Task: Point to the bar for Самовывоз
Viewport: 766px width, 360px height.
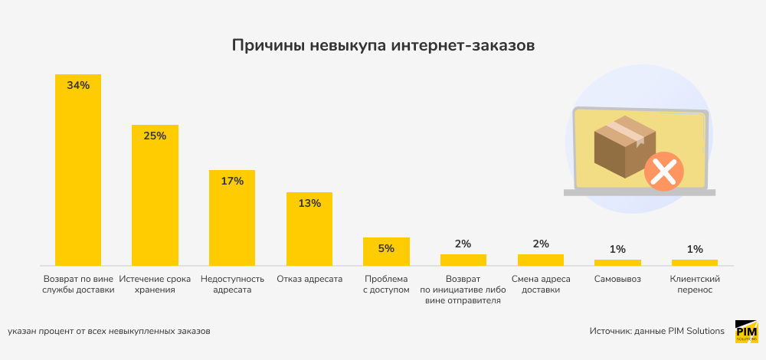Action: tap(617, 262)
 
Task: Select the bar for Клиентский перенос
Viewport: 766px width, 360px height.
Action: tap(695, 262)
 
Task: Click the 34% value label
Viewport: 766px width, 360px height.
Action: tap(78, 86)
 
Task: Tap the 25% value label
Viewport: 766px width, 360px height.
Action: tap(155, 136)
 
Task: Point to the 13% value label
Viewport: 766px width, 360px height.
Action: tap(309, 204)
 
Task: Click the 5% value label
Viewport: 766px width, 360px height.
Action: tap(386, 248)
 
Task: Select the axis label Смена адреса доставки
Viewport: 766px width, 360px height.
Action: tap(541, 284)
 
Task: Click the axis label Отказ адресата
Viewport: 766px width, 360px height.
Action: tap(309, 279)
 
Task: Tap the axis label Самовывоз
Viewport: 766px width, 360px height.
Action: tap(617, 279)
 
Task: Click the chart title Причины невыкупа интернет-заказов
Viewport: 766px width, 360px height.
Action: tap(383, 46)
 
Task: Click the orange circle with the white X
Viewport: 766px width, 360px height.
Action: tap(663, 171)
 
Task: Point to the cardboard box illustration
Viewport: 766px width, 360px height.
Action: tap(624, 146)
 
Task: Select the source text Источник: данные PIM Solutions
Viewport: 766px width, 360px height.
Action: tap(656, 331)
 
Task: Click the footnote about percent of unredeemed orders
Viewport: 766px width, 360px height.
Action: tap(109, 331)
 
